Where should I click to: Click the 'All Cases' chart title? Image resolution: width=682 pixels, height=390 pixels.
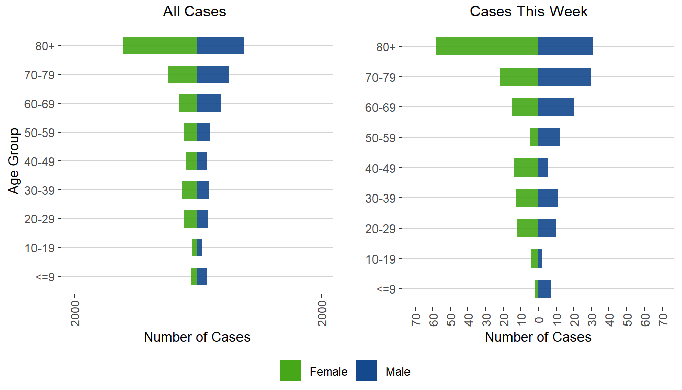[x=194, y=12]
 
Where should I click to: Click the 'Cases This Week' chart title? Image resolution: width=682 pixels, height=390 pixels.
[x=529, y=12]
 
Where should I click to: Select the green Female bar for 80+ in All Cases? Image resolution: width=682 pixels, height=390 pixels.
[x=160, y=45]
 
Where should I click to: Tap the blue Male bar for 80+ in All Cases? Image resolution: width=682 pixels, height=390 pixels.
[x=221, y=45]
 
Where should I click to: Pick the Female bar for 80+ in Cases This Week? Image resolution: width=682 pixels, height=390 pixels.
[x=487, y=46]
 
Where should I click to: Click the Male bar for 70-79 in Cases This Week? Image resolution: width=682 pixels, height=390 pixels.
[x=565, y=77]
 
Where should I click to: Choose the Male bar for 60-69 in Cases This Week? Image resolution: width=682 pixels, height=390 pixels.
[x=556, y=107]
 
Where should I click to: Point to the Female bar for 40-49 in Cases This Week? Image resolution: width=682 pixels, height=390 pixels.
[x=526, y=168]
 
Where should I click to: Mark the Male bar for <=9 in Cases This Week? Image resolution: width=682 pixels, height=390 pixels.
[x=544, y=288]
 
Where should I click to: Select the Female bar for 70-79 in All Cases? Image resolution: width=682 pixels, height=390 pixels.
[x=183, y=74]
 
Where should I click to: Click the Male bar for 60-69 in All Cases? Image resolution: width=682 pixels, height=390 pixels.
[x=209, y=103]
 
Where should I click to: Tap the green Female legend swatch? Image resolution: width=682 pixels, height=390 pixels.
[x=290, y=371]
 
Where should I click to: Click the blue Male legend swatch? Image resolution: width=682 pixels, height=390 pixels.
[x=366, y=371]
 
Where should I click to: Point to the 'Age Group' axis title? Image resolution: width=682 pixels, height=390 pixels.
[x=14, y=161]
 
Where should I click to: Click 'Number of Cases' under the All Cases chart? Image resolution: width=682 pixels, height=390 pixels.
[x=197, y=337]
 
